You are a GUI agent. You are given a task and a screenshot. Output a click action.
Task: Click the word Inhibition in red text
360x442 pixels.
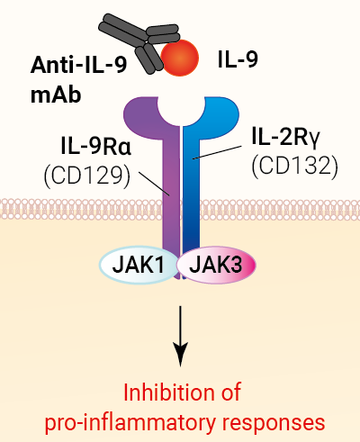pos(162,393)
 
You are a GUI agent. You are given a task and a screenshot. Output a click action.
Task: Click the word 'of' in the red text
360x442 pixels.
pos(229,393)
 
